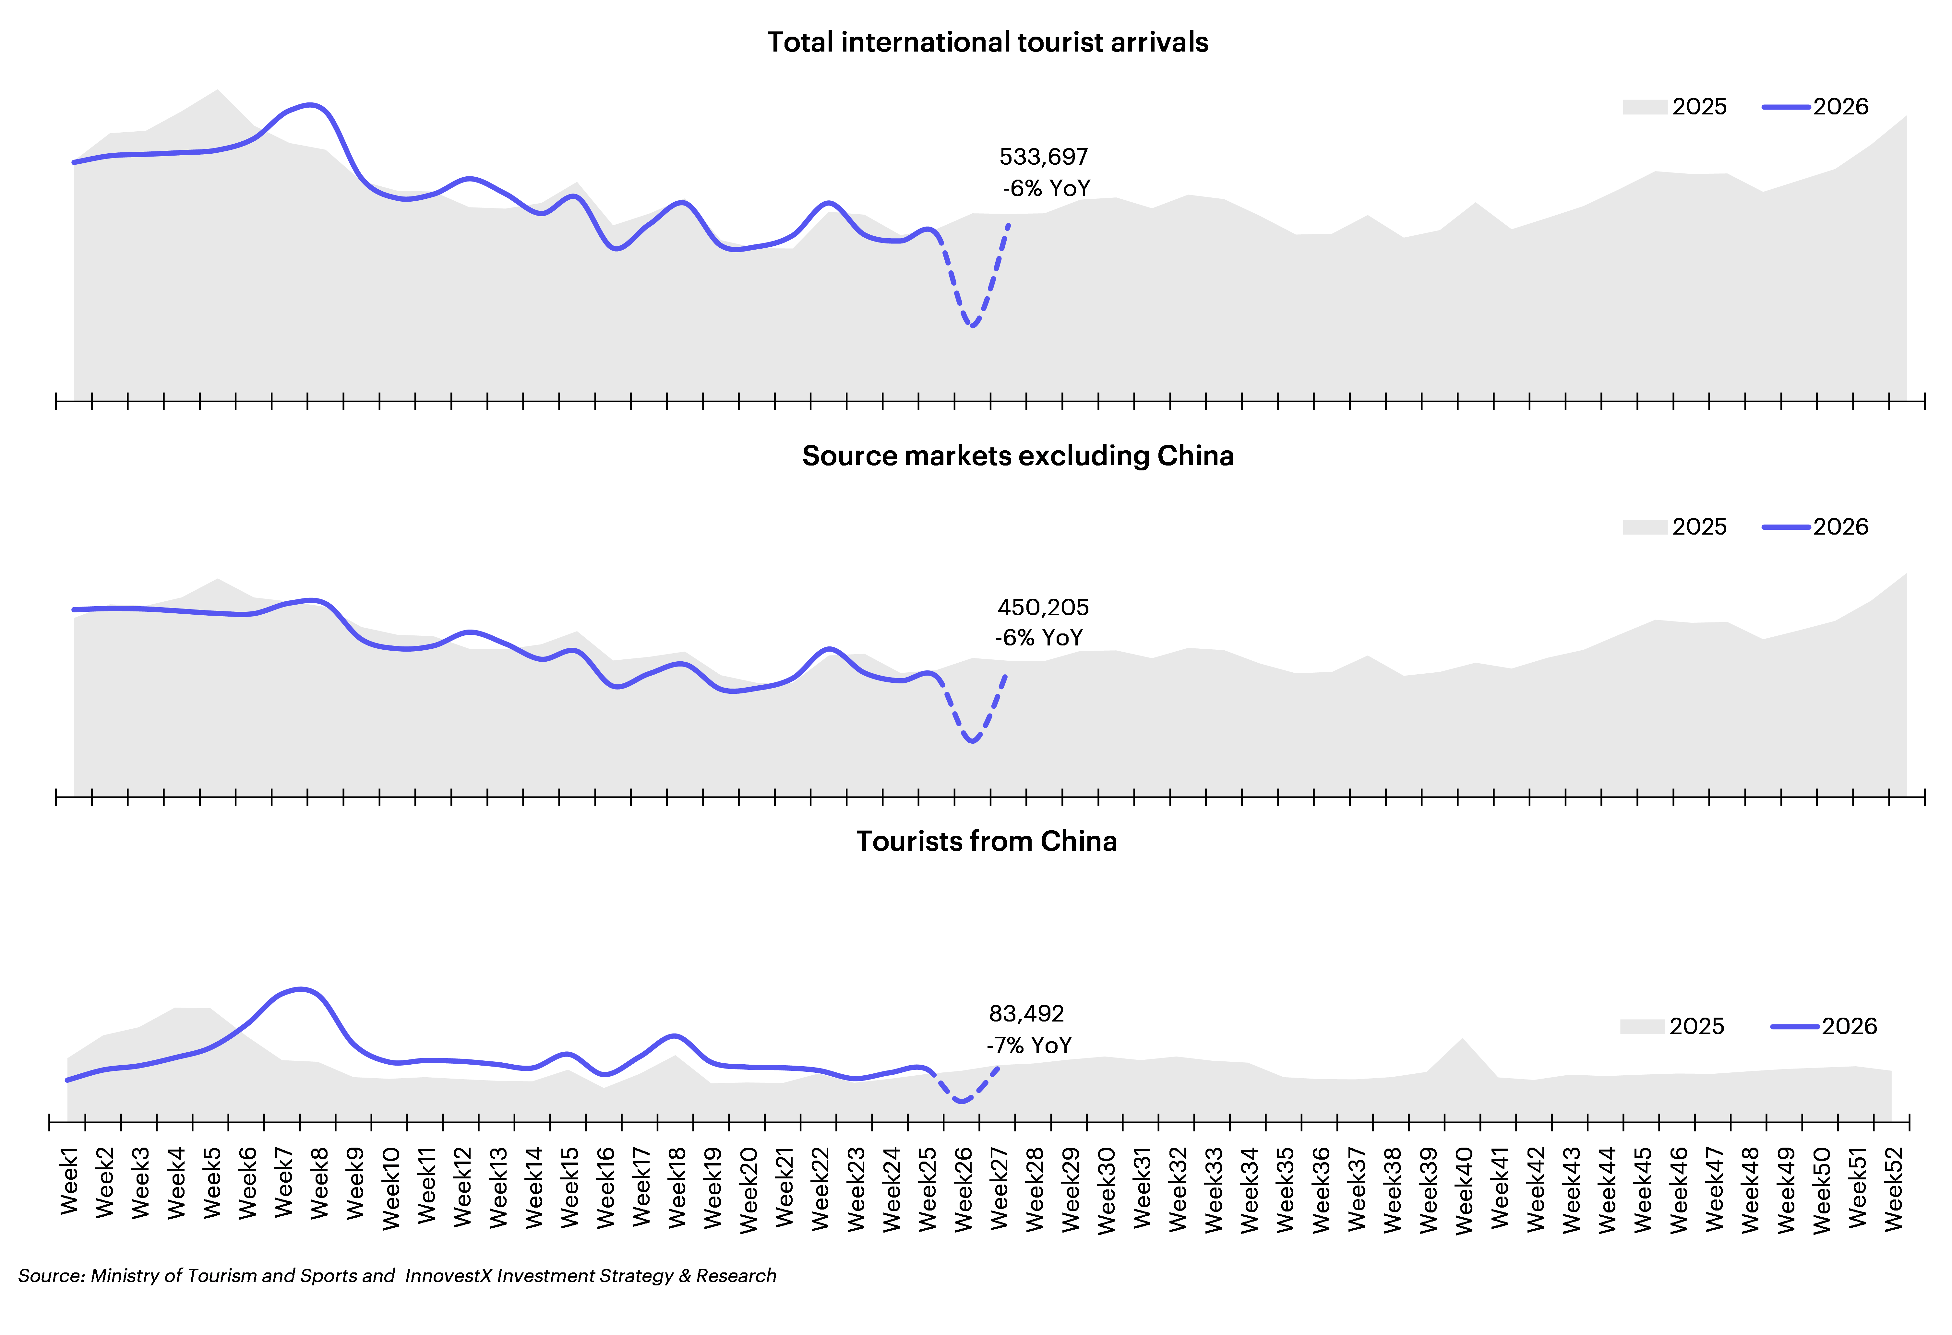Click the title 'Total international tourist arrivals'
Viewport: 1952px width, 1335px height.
point(988,42)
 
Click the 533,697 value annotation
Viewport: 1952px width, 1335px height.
point(1043,157)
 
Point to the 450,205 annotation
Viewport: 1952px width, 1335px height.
point(1043,607)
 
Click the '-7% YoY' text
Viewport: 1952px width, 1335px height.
point(1029,1045)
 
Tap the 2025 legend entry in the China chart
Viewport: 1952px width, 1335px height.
point(1672,1026)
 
